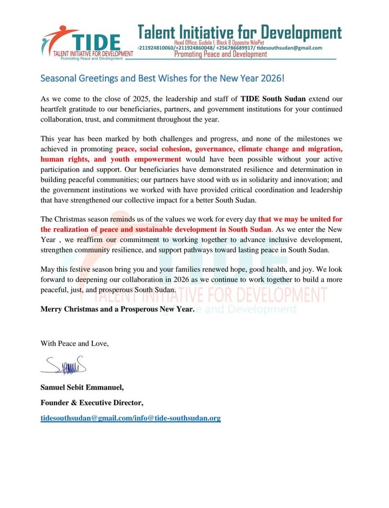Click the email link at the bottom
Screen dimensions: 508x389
pyautogui.click(x=130, y=418)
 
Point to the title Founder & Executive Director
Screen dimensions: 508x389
pyautogui.click(x=92, y=403)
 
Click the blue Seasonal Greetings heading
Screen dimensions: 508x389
pyautogui.click(x=162, y=78)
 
